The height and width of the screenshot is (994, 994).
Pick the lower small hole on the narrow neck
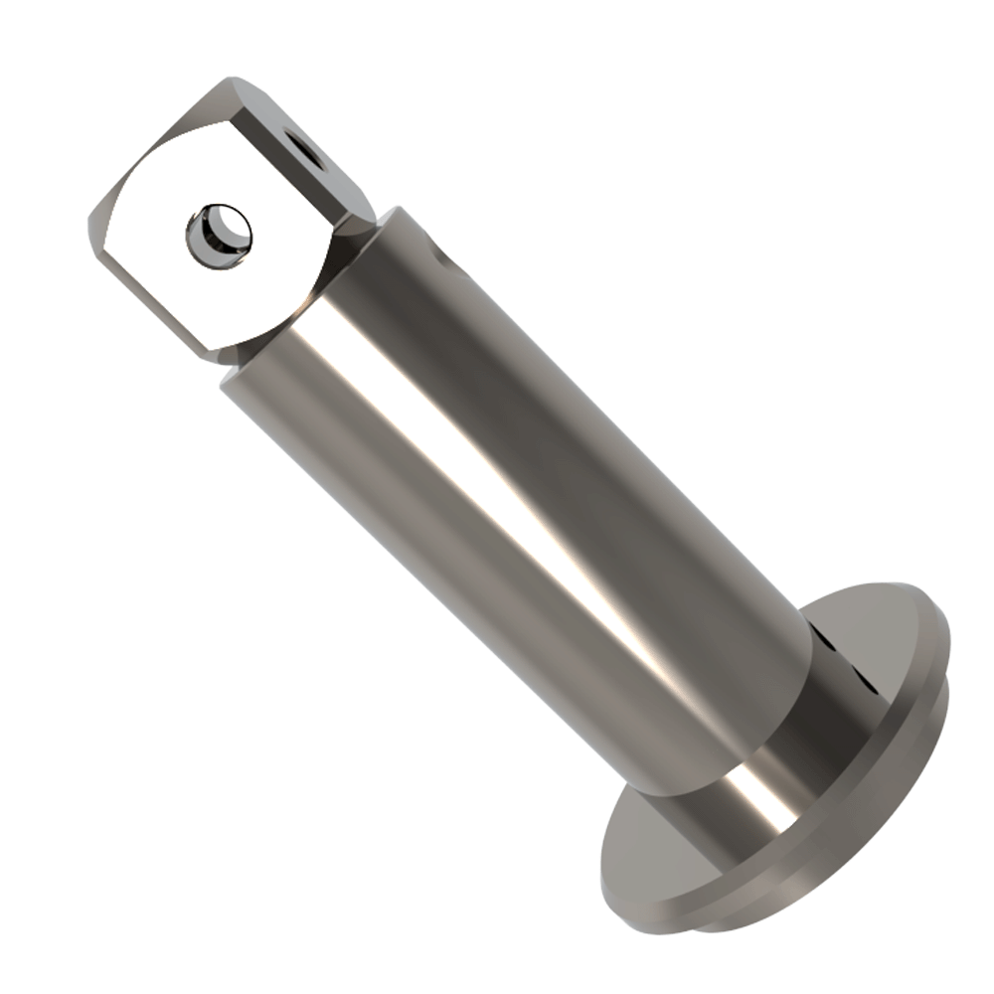coord(867,684)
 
